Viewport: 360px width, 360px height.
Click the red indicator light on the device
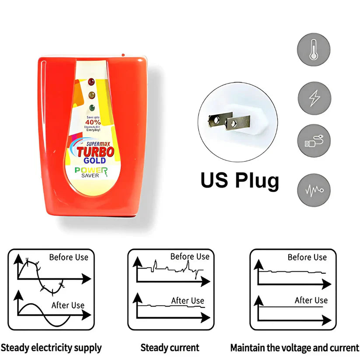click(x=91, y=81)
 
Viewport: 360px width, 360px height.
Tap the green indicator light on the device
click(x=91, y=108)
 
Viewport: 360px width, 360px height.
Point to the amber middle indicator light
click(x=91, y=95)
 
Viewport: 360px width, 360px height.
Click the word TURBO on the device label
click(x=95, y=152)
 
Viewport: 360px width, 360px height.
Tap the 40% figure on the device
click(x=93, y=122)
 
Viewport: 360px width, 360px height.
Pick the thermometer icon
click(x=314, y=49)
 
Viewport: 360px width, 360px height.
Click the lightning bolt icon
click(x=314, y=98)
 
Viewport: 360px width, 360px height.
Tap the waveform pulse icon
click(x=314, y=190)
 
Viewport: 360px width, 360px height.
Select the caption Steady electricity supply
click(x=51, y=348)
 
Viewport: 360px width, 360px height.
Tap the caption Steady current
click(x=170, y=348)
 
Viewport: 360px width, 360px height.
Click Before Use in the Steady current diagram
click(x=190, y=257)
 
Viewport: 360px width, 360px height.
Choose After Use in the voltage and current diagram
click(x=311, y=301)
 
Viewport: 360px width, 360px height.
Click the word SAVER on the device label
click(x=90, y=176)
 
